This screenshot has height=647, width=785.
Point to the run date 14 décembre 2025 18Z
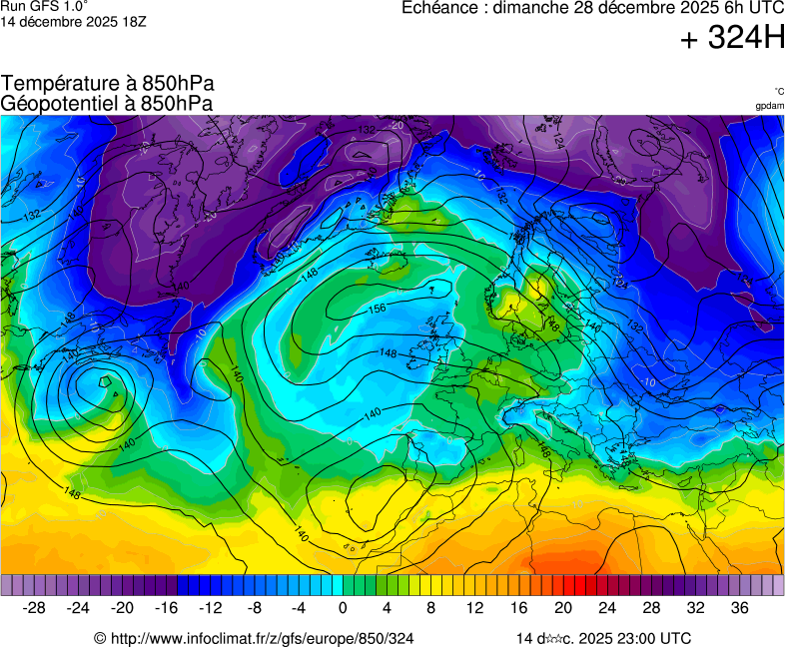coord(74,21)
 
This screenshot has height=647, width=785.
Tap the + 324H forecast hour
coord(732,39)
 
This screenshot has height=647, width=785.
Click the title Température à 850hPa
coord(108,84)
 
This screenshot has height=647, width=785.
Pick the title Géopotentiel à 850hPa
coord(107,103)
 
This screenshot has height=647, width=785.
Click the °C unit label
coord(778,91)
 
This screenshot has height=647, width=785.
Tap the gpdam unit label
coord(769,105)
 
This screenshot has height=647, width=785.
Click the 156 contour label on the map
coord(378,309)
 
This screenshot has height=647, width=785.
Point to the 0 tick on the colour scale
coord(343,608)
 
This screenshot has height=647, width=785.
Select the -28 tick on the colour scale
coord(34,608)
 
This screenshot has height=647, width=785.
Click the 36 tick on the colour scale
coord(739,608)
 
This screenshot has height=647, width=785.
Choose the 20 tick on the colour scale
coord(563,608)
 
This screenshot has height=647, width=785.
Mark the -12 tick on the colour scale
coord(210,608)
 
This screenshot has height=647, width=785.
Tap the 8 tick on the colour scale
coord(430,608)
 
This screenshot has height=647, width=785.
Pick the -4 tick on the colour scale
coord(298,608)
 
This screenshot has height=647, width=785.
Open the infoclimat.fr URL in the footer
coord(262,638)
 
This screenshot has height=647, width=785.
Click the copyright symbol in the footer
coord(100,638)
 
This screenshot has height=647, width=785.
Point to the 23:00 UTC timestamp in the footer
coord(645,638)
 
